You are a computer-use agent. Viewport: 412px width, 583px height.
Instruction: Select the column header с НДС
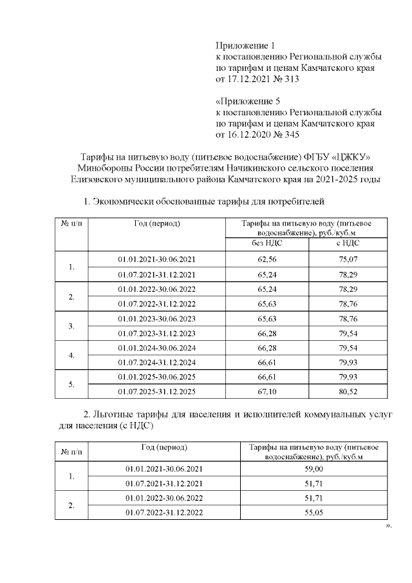pyautogui.click(x=348, y=243)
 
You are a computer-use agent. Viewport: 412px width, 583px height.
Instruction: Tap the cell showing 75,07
pyautogui.click(x=348, y=259)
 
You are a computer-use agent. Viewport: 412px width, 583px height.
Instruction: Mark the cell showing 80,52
pyautogui.click(x=348, y=391)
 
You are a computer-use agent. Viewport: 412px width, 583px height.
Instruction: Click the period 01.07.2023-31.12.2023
pyautogui.click(x=156, y=333)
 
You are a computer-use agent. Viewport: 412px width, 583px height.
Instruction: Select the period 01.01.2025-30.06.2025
pyautogui.click(x=156, y=376)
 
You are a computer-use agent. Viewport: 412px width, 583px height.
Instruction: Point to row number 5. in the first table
pyautogui.click(x=71, y=384)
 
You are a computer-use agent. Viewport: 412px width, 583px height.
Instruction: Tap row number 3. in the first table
pyautogui.click(x=71, y=326)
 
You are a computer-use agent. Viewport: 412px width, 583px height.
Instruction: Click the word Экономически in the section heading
pyautogui.click(x=124, y=202)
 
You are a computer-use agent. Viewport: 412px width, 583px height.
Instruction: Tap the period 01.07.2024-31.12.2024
pyautogui.click(x=156, y=362)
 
